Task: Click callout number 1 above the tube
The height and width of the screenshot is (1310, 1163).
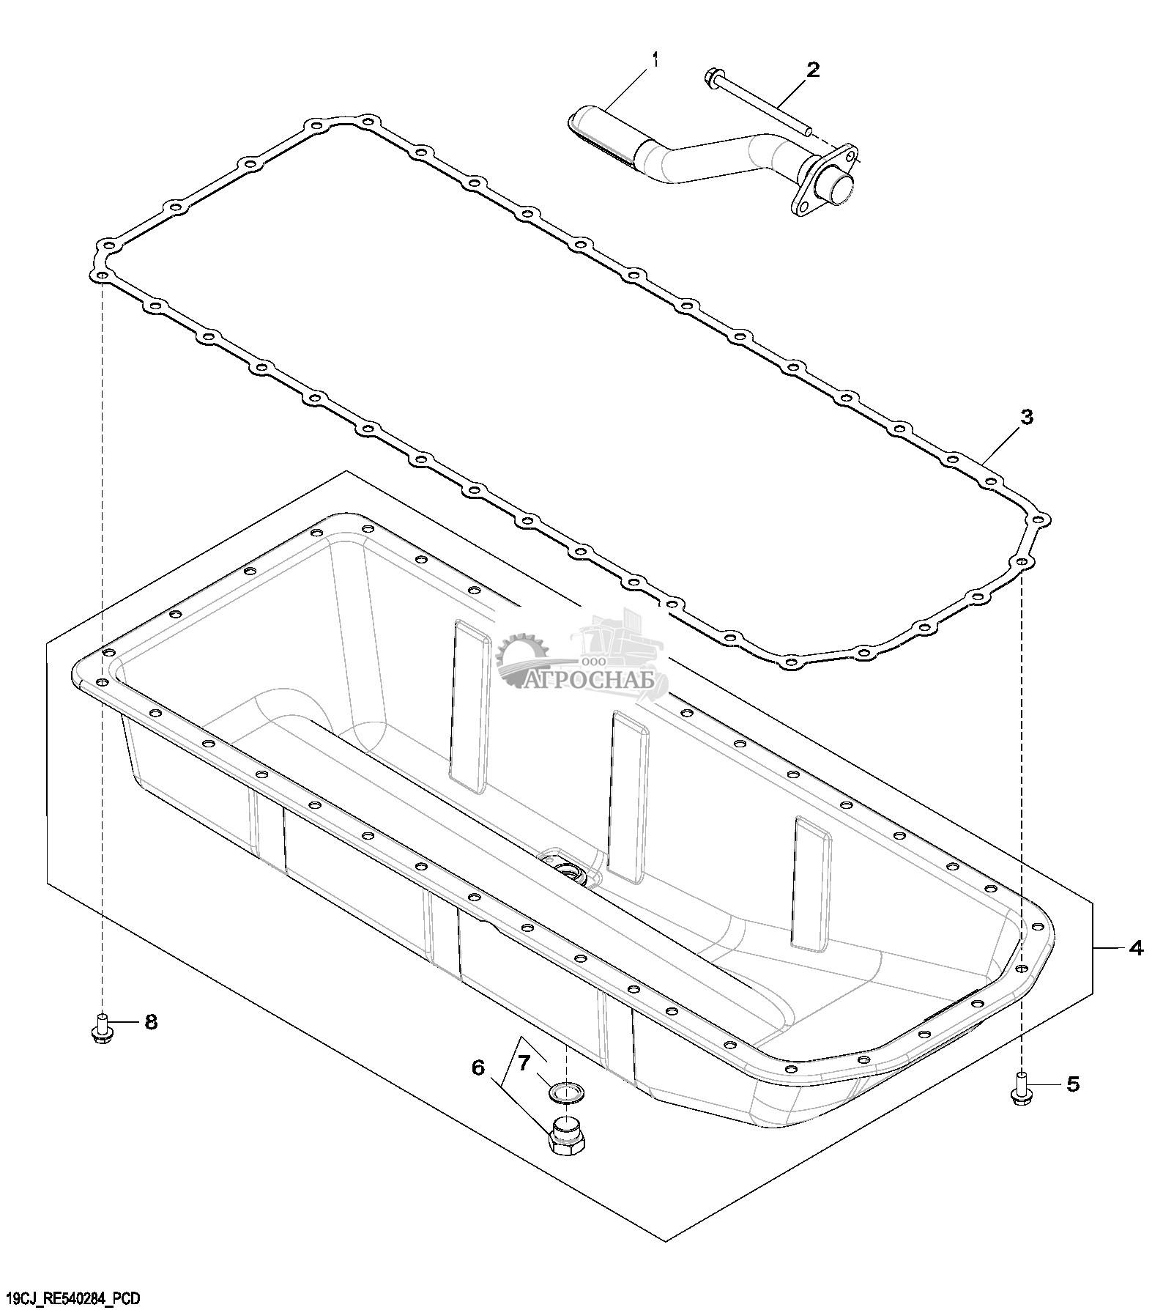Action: pyautogui.click(x=655, y=59)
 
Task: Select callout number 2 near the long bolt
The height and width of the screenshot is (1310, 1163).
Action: pyautogui.click(x=812, y=70)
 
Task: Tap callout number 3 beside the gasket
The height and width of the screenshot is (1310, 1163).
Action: pyautogui.click(x=1027, y=417)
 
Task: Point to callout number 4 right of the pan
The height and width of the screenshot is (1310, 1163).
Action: pyautogui.click(x=1136, y=948)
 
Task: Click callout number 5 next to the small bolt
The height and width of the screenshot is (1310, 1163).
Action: pyautogui.click(x=1073, y=1084)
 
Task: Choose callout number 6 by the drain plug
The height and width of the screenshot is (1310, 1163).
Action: pyautogui.click(x=478, y=1067)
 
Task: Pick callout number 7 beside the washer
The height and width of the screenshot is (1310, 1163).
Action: pyautogui.click(x=524, y=1063)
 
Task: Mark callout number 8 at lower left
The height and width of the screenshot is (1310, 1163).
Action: pyautogui.click(x=151, y=1021)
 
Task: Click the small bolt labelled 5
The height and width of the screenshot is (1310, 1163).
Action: pyautogui.click(x=1020, y=1086)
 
